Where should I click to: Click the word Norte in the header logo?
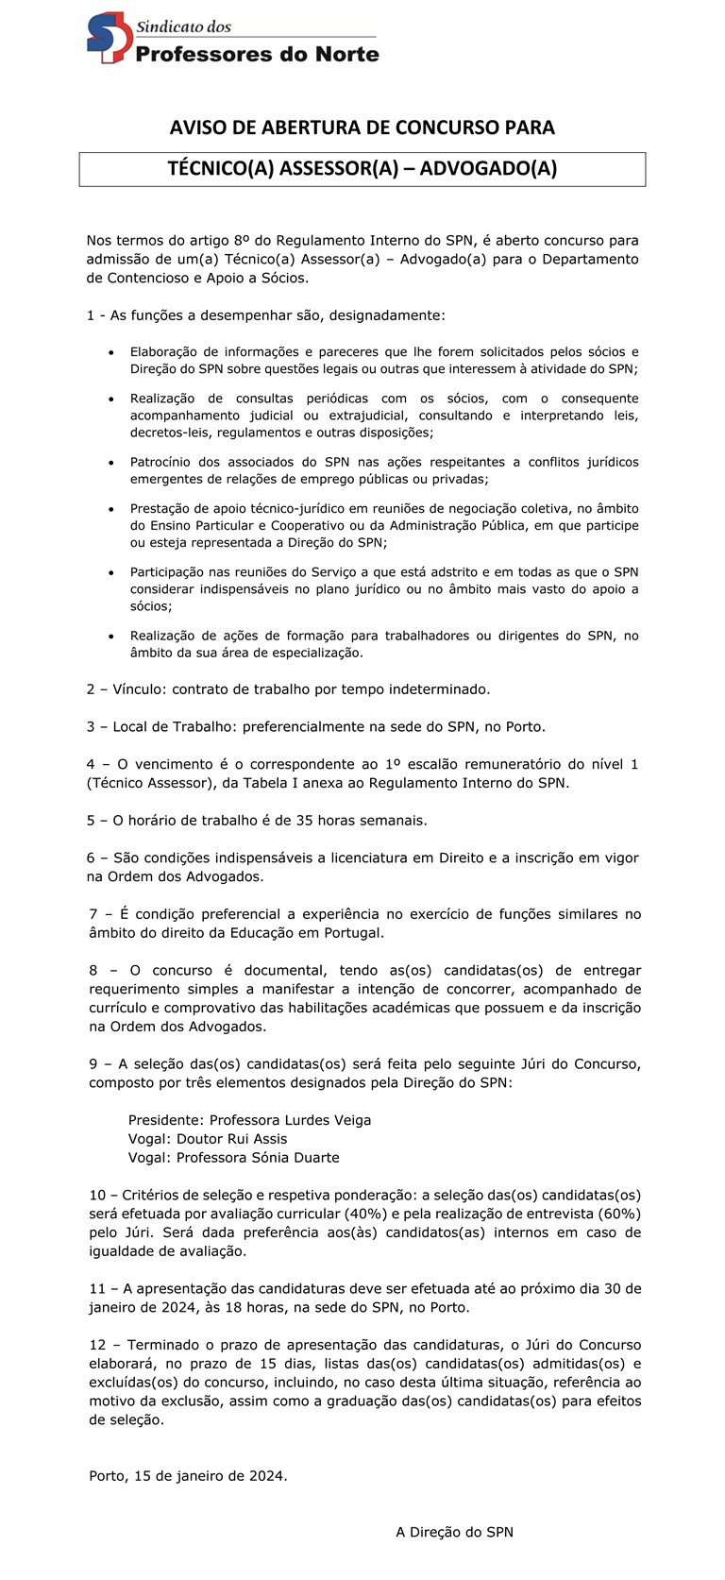[345, 54]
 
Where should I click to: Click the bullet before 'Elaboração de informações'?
[111, 352]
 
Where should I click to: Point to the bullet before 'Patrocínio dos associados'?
[111, 463]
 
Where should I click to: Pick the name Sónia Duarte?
[298, 1158]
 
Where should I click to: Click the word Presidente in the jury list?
[164, 1120]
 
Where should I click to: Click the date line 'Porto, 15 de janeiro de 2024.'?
[189, 1476]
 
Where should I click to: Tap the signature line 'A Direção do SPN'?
[454, 1533]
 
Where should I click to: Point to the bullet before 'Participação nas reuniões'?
[111, 572]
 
